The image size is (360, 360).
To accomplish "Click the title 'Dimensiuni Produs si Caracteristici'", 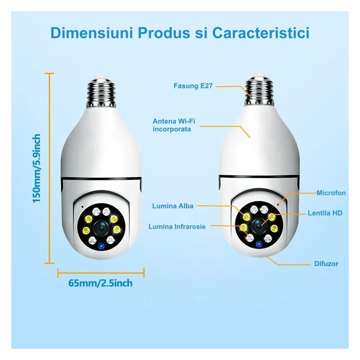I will pyautogui.click(x=180, y=33).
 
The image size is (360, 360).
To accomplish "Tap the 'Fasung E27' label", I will pyautogui.click(x=192, y=85).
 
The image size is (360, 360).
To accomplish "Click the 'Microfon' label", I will pyautogui.click(x=331, y=193).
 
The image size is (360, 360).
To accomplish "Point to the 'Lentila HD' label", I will pyautogui.click(x=325, y=212).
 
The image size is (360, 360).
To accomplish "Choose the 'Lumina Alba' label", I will pyautogui.click(x=173, y=206).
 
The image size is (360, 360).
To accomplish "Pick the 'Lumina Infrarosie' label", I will pyautogui.click(x=177, y=227).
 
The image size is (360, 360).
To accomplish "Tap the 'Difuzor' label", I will pyautogui.click(x=326, y=264).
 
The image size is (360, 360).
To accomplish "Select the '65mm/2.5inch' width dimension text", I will pyautogui.click(x=100, y=283).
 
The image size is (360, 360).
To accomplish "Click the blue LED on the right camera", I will pyautogui.click(x=259, y=244).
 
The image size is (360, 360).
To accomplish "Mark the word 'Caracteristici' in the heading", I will pyautogui.click(x=261, y=33).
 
